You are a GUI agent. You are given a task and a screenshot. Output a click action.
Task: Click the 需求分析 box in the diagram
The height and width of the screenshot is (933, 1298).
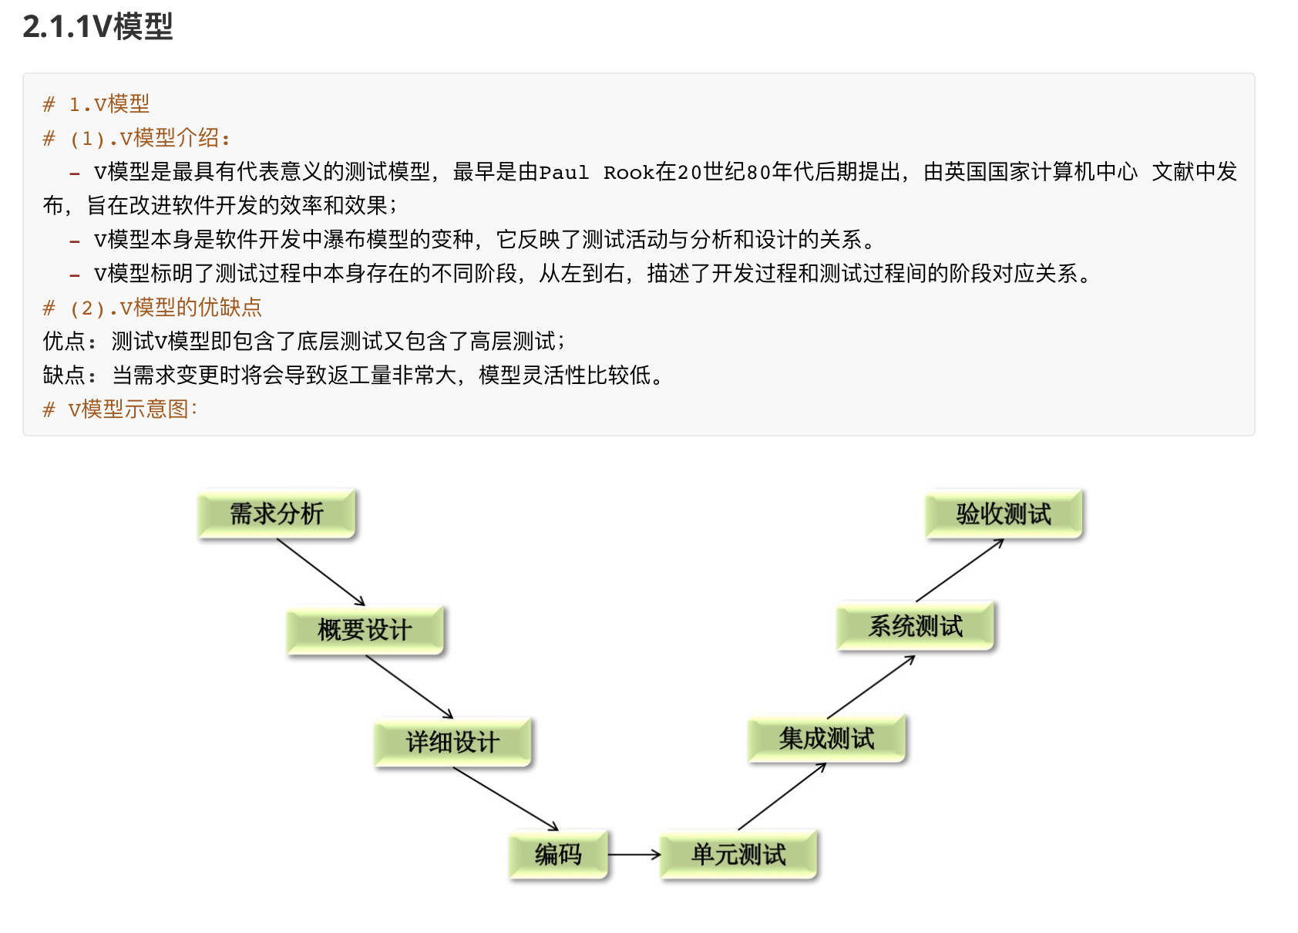[x=277, y=514]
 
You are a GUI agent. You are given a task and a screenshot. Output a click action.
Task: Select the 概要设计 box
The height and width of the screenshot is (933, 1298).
[x=365, y=630]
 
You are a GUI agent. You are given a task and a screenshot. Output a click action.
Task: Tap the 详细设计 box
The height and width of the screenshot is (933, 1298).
[x=453, y=742]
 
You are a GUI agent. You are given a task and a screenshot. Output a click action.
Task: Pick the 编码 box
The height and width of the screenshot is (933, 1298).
[x=559, y=854]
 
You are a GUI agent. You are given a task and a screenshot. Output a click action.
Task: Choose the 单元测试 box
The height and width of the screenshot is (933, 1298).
[x=738, y=854]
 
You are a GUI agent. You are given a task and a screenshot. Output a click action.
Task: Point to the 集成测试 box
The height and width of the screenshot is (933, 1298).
[x=826, y=739]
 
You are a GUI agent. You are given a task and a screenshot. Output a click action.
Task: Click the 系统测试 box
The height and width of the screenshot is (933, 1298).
[x=916, y=626]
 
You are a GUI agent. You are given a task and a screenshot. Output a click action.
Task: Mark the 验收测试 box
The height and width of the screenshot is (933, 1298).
[x=1004, y=514]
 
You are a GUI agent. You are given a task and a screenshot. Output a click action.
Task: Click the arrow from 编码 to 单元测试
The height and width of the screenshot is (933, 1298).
[x=634, y=854]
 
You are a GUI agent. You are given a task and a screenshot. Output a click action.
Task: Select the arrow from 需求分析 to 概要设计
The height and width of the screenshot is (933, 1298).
[x=321, y=572]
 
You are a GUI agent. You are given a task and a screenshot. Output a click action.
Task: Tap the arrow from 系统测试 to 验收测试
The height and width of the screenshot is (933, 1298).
[x=960, y=571]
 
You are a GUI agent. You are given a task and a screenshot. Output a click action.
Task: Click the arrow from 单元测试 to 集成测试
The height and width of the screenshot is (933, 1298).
[x=782, y=797]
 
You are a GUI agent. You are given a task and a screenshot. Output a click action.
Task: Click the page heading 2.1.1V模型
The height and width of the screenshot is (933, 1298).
[x=98, y=27]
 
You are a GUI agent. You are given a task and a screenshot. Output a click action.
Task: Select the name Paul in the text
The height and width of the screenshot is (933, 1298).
[x=563, y=172]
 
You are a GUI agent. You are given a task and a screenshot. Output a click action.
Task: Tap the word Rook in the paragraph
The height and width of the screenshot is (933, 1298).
[x=628, y=172]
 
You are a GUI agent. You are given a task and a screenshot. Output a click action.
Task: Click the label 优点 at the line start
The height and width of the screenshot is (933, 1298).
[x=64, y=342]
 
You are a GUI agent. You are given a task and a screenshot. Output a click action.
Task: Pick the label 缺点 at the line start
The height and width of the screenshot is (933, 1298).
[x=64, y=376]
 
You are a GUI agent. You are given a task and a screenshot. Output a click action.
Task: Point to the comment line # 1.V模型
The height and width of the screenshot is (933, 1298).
[x=96, y=104]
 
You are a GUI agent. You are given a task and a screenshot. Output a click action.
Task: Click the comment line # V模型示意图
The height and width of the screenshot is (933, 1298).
[x=121, y=409]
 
